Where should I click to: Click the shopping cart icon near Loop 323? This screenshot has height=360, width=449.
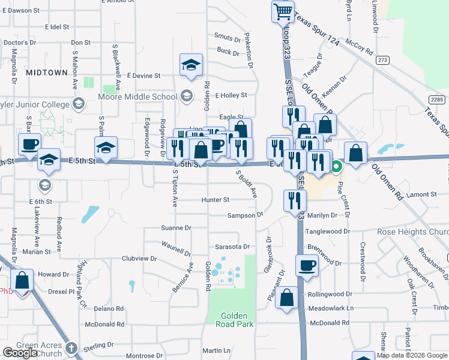pyautogui.click(x=283, y=11)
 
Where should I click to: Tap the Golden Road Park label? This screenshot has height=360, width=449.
pyautogui.click(x=235, y=319)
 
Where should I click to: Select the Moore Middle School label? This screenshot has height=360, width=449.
pyautogui.click(x=139, y=97)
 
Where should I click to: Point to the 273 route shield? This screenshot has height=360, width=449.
pyautogui.click(x=382, y=61)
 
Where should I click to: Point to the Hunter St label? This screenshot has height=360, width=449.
pyautogui.click(x=215, y=200)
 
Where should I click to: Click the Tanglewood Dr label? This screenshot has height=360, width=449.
pyautogui.click(x=327, y=231)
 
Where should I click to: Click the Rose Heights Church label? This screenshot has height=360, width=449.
pyautogui.click(x=412, y=232)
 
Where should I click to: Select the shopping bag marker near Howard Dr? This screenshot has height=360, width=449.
pyautogui.click(x=22, y=281)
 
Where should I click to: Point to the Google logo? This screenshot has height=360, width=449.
pyautogui.click(x=20, y=353)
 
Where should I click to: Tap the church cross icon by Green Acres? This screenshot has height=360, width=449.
pyautogui.click(x=71, y=347)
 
